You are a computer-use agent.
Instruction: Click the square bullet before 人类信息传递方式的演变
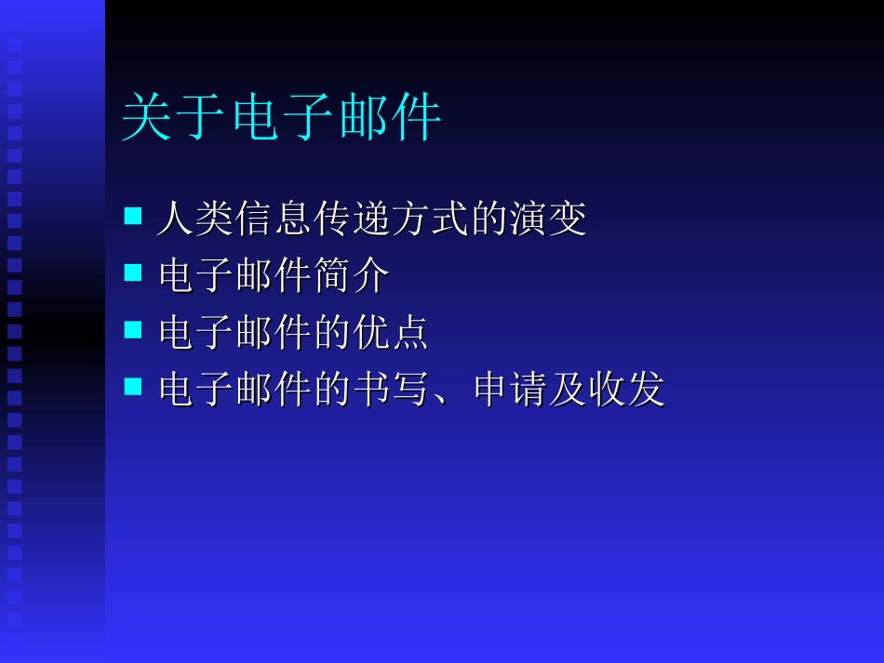pyautogui.click(x=133, y=217)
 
